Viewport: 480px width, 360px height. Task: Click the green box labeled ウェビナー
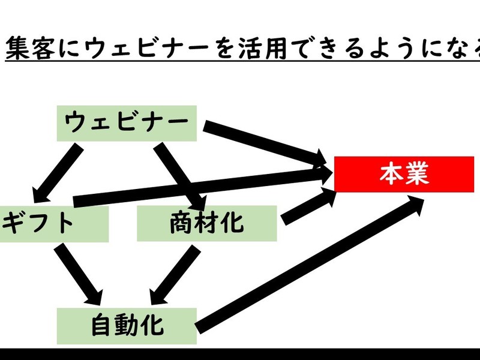(x=127, y=124)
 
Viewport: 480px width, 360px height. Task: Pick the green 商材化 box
(x=206, y=223)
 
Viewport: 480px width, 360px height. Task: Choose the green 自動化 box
(x=127, y=326)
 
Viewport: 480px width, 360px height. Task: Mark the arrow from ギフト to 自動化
(x=78, y=271)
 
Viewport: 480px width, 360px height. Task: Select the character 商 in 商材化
(x=181, y=223)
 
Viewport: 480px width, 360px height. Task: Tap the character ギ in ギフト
(x=13, y=223)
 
